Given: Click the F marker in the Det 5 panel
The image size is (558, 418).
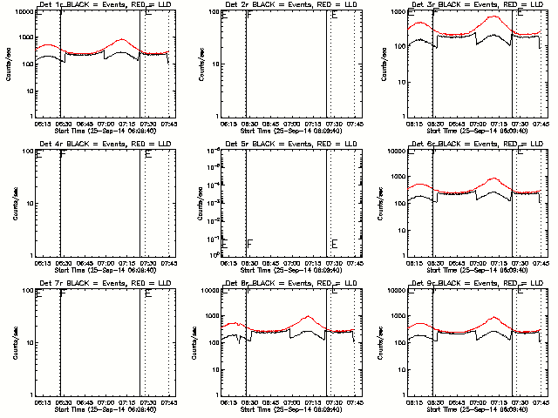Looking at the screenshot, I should tap(249, 243).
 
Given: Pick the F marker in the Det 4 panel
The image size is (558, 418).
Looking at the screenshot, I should tap(64, 156).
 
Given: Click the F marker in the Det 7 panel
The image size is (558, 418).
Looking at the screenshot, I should tap(64, 294).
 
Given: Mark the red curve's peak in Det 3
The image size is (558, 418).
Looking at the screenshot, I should tap(494, 17).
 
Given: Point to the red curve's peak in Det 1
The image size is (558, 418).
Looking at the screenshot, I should tap(121, 39).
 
